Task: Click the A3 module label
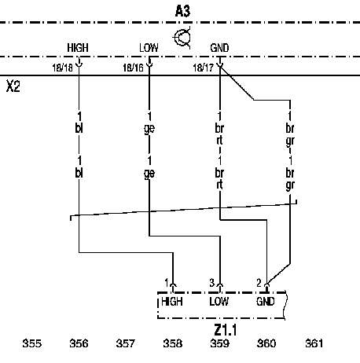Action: [x=182, y=12]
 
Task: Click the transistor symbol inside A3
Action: [x=182, y=38]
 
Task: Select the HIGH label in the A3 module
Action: [x=78, y=48]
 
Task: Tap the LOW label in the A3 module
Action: [x=149, y=48]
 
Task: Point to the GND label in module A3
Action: [x=219, y=48]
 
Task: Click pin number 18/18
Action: [x=62, y=68]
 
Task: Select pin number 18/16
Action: [x=133, y=68]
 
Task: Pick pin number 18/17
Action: [x=204, y=68]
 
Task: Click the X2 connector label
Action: [x=13, y=86]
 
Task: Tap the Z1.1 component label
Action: [x=226, y=330]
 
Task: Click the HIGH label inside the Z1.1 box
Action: [x=172, y=302]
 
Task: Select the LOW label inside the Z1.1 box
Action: [x=219, y=302]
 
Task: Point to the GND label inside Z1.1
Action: [x=266, y=302]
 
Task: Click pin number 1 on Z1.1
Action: [x=166, y=283]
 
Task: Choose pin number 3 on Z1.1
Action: [x=212, y=283]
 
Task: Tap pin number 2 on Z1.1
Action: [x=259, y=283]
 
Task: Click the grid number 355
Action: [x=32, y=343]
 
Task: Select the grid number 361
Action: [x=314, y=343]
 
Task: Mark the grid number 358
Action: [x=173, y=343]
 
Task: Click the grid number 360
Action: [x=266, y=343]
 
